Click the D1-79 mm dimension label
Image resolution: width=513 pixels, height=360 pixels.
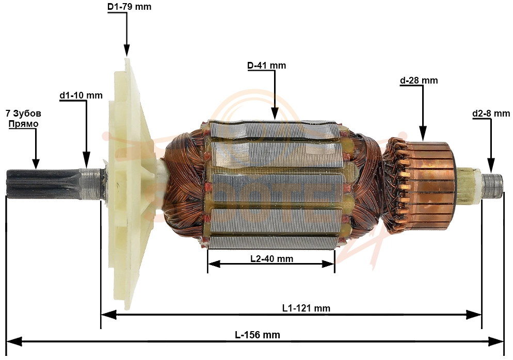pyautogui.click(x=130, y=7)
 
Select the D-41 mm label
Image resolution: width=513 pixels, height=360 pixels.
pyautogui.click(x=266, y=66)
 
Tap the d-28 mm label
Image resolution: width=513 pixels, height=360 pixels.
pyautogui.click(x=419, y=80)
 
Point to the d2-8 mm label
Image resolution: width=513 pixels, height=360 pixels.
pyautogui.click(x=491, y=113)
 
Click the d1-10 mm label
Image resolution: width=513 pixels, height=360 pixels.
pyautogui.click(x=81, y=95)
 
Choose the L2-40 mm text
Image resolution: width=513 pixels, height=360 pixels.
pyautogui.click(x=271, y=258)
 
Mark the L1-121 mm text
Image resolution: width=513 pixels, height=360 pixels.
pyautogui.click(x=306, y=308)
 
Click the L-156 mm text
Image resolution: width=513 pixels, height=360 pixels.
pyautogui.click(x=258, y=335)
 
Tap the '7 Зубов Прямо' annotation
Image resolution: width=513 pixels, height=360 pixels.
pyautogui.click(x=24, y=119)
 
